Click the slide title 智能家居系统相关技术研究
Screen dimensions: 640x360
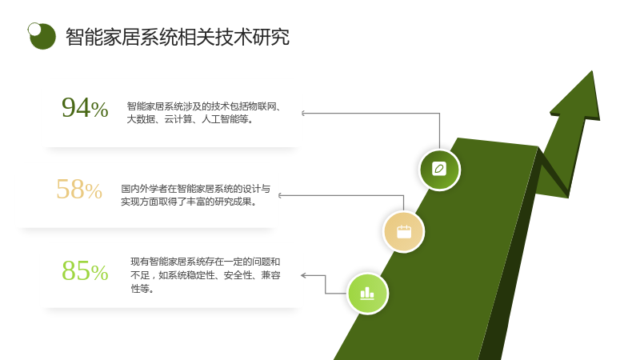(x=178, y=37)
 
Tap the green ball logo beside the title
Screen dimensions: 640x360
(x=42, y=36)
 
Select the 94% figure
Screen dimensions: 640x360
(x=85, y=108)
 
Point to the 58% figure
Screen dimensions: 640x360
(x=79, y=190)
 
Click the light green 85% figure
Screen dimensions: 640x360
(x=85, y=270)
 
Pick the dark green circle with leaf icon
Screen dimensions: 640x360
(x=439, y=170)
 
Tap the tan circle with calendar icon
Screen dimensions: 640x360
(x=404, y=232)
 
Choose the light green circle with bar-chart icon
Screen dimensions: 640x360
(x=367, y=293)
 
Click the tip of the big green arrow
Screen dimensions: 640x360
(x=592, y=71)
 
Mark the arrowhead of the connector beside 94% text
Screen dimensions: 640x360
(x=303, y=113)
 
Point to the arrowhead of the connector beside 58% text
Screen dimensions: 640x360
(x=280, y=195)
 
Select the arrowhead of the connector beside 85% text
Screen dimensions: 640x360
(x=303, y=275)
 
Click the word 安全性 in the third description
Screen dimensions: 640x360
(x=238, y=275)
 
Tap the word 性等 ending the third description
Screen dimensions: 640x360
(x=140, y=289)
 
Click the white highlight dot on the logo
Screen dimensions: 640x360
(x=34, y=29)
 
